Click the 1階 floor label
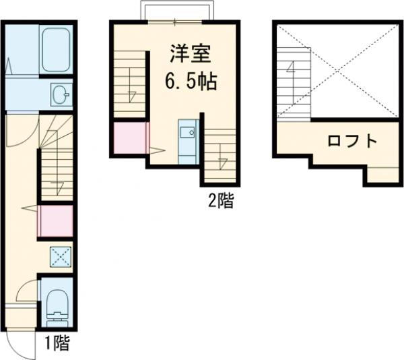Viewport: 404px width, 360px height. tap(57, 343)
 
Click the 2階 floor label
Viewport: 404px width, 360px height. tap(220, 200)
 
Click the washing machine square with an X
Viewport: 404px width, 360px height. tap(59, 256)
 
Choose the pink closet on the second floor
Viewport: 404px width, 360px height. tap(129, 138)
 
